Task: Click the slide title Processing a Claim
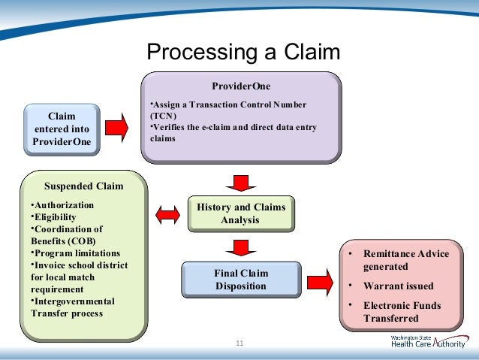point(243,52)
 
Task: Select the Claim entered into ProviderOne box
point(62,129)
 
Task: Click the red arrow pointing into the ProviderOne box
point(116,128)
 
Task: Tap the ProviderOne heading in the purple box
point(241,86)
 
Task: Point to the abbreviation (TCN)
point(164,116)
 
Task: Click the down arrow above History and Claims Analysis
point(241,183)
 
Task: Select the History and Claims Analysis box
point(241,213)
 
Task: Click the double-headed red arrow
point(167,215)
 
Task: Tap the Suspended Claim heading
point(83,186)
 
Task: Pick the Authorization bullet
point(62,205)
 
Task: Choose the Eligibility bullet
point(53,217)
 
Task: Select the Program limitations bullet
point(76,253)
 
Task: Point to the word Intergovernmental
point(74,301)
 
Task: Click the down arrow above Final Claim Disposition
point(241,248)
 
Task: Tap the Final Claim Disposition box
point(241,280)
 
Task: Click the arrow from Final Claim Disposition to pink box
point(320,283)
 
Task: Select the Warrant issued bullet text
point(399,286)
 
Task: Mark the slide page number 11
point(239,343)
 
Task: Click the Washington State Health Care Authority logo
point(429,342)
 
